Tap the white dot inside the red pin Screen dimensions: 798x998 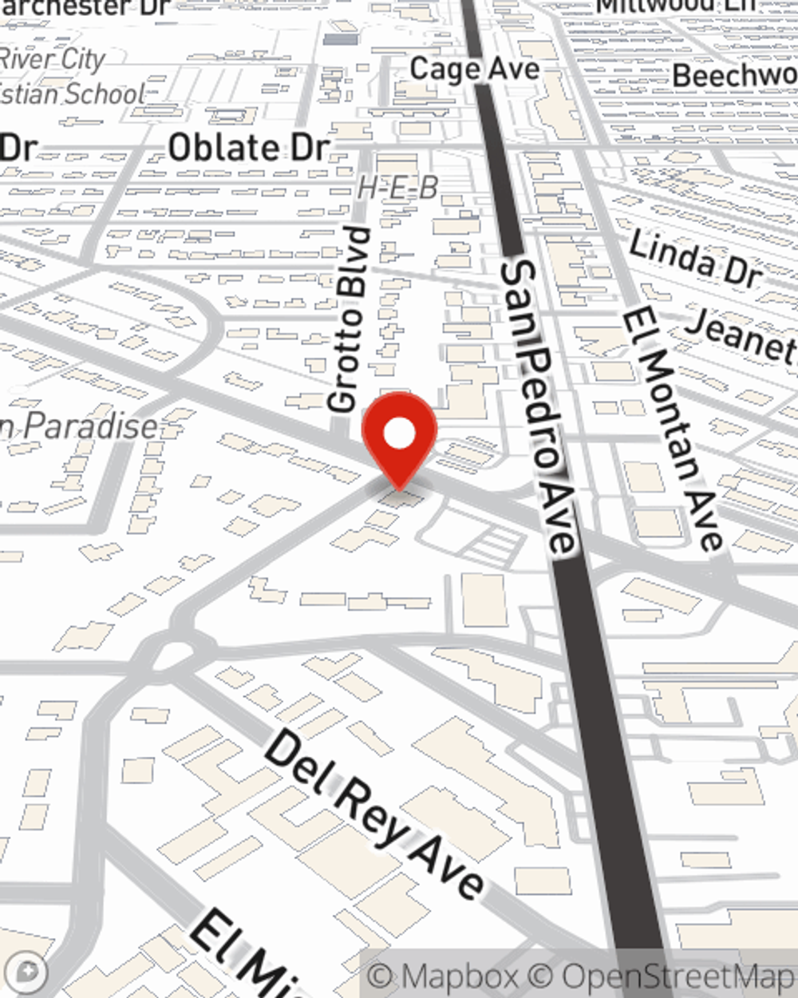[399, 434]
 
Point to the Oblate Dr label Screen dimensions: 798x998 [248, 148]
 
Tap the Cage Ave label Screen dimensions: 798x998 [474, 69]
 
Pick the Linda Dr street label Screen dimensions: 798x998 [694, 259]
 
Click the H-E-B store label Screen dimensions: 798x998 [397, 188]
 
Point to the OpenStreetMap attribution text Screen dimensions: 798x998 [678, 976]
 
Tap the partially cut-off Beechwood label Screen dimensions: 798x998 [734, 76]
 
